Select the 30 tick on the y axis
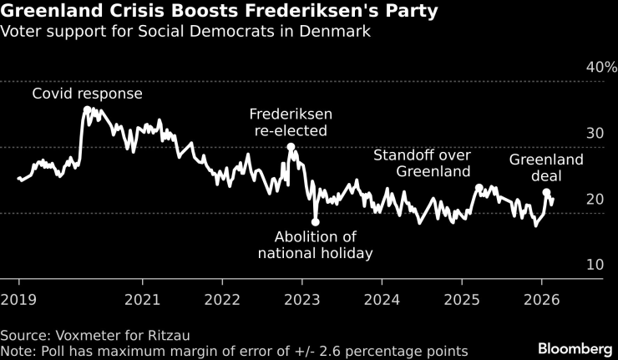click(594, 133)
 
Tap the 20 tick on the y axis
click(594, 199)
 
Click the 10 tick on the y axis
click(594, 265)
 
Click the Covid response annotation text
click(87, 94)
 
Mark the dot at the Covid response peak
click(88, 109)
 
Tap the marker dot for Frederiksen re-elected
click(291, 147)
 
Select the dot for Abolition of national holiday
click(315, 221)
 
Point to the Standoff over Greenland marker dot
click(479, 188)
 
